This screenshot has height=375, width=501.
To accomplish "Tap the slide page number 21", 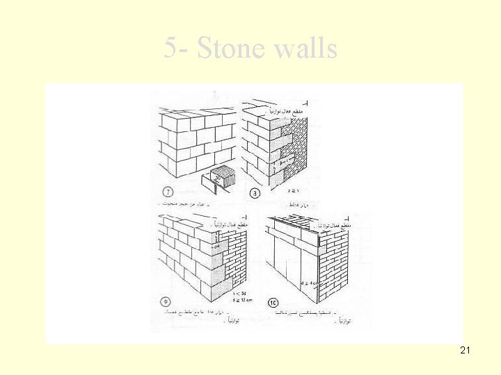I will coord(465,351).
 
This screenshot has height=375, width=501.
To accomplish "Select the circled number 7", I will coord(168,192).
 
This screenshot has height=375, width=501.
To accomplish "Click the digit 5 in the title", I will coord(171,49).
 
